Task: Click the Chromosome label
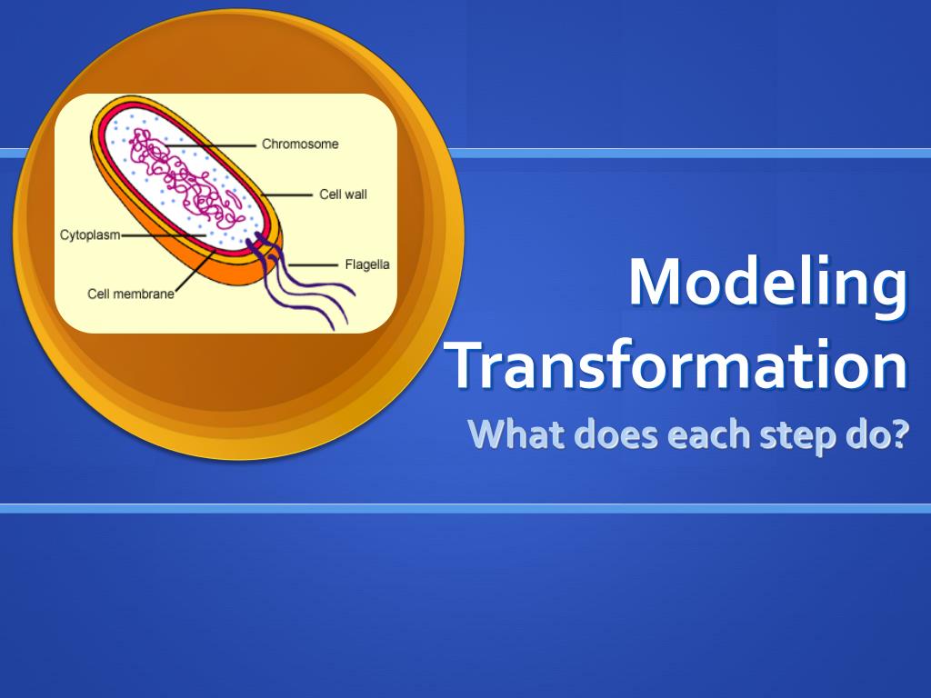coord(300,145)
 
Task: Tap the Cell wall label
coord(343,194)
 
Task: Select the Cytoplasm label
coord(90,235)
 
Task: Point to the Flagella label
coord(367,264)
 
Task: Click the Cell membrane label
coord(131,294)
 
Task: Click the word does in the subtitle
coord(616,434)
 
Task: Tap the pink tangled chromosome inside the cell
coord(184,179)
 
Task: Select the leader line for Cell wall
coord(286,194)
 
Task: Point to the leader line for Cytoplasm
coord(164,235)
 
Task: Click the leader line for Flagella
coord(313,265)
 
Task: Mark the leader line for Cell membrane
coord(195,271)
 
